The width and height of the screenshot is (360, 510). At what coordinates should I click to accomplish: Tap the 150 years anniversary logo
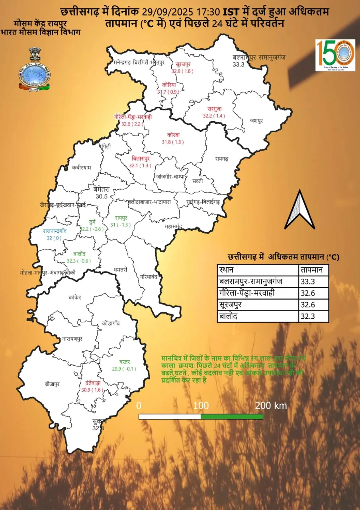point(335,55)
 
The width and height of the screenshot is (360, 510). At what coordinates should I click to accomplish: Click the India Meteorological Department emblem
point(35,71)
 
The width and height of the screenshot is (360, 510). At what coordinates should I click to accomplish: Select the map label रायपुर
point(121,218)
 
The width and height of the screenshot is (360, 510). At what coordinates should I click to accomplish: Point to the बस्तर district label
point(124,362)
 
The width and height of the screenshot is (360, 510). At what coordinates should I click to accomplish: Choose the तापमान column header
point(313,270)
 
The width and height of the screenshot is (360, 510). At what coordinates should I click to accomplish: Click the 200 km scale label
point(271,406)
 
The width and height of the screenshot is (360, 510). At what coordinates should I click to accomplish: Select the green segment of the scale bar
point(232,416)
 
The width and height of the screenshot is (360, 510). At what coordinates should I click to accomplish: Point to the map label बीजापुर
point(52,384)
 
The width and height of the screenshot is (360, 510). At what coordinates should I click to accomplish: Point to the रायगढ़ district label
point(221,159)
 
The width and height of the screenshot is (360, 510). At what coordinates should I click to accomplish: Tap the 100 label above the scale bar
point(202,406)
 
